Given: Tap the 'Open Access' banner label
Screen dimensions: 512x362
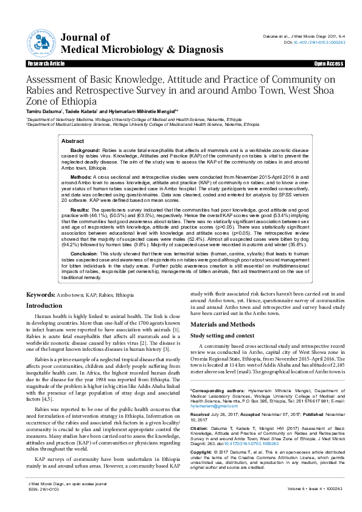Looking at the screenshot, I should [329, 63].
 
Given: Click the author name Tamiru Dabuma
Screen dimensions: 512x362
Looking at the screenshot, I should [46, 112].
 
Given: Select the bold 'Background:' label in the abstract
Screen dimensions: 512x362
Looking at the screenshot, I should [85, 150].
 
